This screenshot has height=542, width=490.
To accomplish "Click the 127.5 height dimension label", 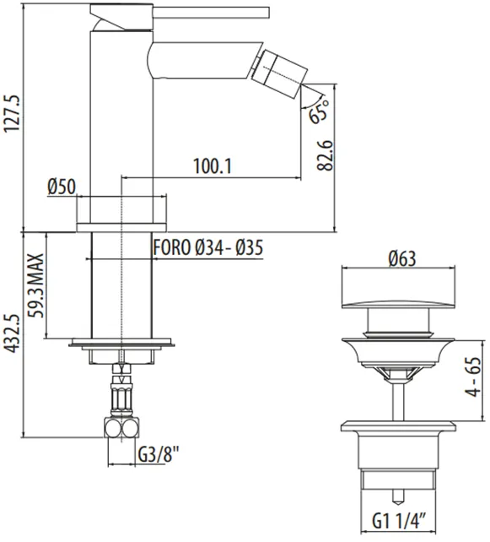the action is [x=13, y=114].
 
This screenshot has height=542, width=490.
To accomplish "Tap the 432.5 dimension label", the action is [x=13, y=333].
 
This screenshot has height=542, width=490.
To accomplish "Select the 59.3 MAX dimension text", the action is [x=36, y=285].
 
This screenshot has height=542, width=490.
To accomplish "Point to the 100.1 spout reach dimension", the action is [x=212, y=166].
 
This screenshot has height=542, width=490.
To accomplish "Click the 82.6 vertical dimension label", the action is [x=325, y=155].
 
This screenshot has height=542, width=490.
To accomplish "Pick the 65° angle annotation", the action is [x=320, y=110].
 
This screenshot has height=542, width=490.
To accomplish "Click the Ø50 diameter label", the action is [x=62, y=187].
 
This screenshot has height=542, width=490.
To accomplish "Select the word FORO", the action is [x=172, y=247].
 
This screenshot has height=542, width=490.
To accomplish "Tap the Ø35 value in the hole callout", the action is [x=250, y=247].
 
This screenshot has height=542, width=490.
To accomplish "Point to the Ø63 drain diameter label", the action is [x=402, y=258].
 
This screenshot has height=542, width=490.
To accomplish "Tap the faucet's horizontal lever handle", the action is [x=211, y=12].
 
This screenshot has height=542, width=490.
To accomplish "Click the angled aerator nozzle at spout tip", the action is [x=280, y=72].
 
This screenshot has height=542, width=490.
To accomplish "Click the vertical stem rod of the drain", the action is [x=398, y=401].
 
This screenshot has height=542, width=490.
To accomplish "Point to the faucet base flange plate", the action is [x=121, y=228].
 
